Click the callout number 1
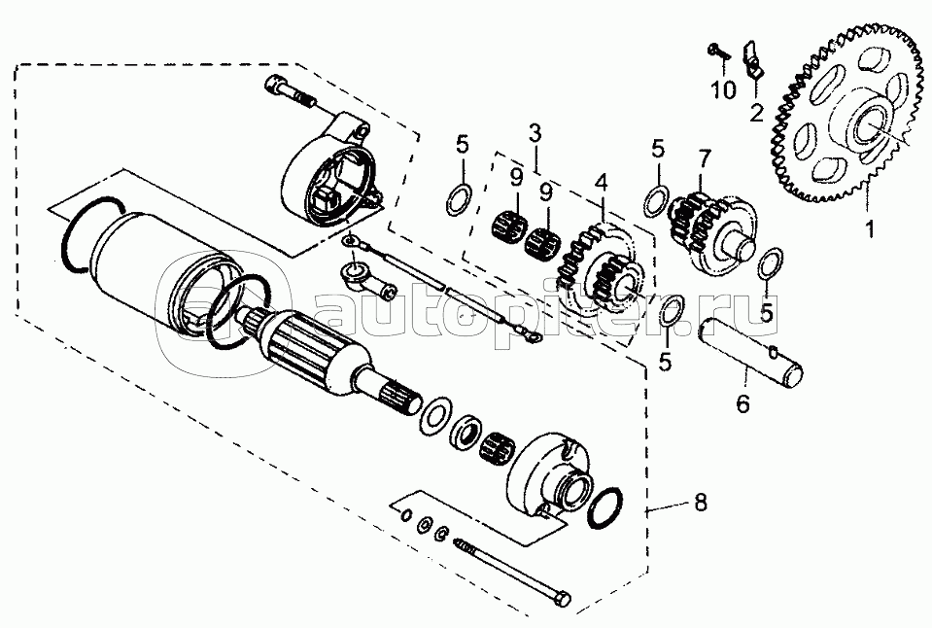(870, 231)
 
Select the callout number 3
(535, 130)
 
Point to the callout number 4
(602, 181)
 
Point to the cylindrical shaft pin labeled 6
(754, 350)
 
